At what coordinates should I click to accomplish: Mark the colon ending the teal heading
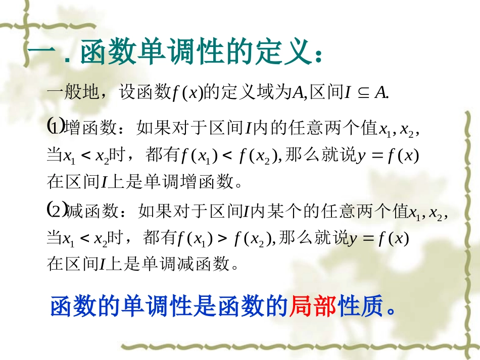tap(317, 56)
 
